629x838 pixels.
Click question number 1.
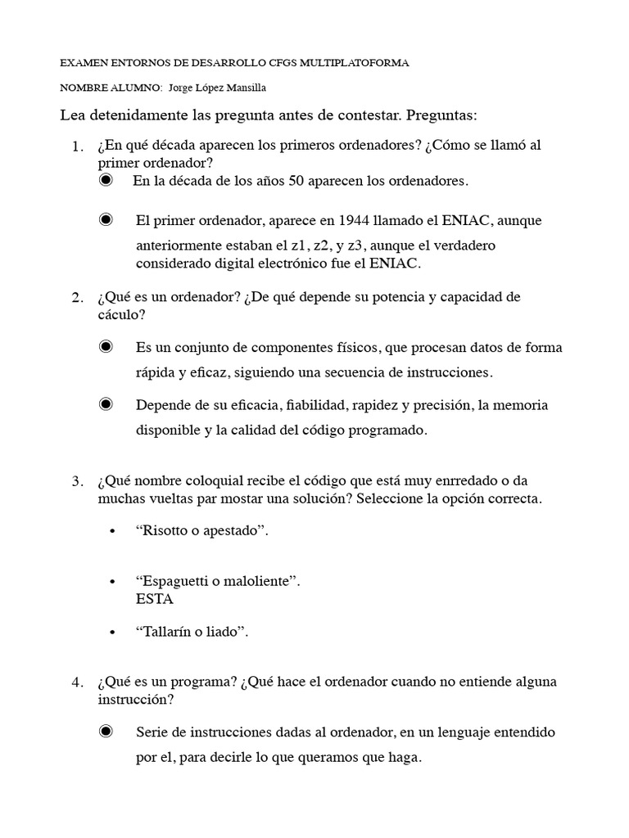pos(78,146)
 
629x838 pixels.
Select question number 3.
pos(78,480)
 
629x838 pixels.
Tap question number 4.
pos(78,682)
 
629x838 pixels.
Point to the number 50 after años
pos(296,181)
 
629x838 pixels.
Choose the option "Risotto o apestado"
pos(202,530)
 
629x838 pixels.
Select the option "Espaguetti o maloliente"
pos(218,581)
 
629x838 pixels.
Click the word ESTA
pos(155,598)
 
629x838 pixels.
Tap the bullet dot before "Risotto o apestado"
pos(111,531)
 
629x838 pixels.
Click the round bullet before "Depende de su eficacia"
pos(106,404)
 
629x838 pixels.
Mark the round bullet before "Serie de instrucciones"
pos(106,732)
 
